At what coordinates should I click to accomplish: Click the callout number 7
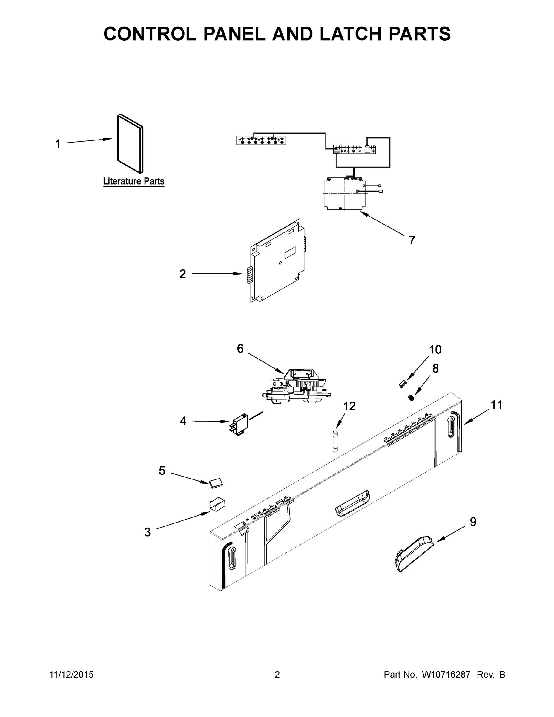(x=412, y=240)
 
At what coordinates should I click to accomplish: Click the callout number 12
(x=349, y=406)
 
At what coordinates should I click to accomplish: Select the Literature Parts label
(x=133, y=181)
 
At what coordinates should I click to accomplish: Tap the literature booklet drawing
(x=130, y=144)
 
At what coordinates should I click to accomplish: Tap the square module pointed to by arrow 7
(x=344, y=194)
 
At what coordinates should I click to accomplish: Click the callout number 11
(x=496, y=405)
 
